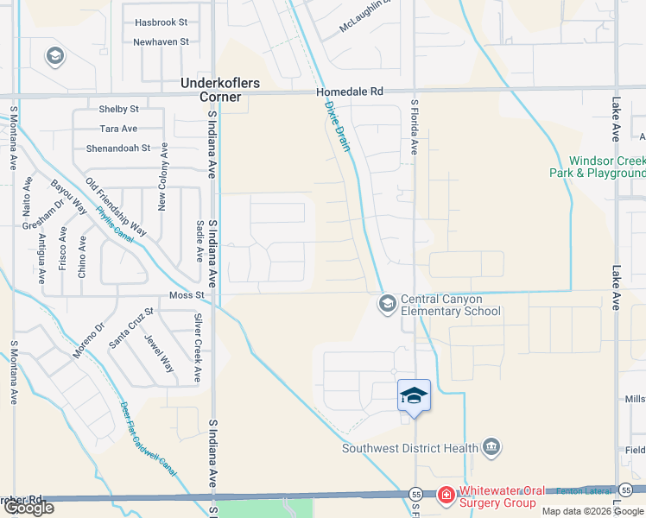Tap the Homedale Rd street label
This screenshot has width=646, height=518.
[x=349, y=91]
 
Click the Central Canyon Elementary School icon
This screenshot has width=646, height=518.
[x=387, y=303]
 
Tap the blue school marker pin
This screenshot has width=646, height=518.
[x=415, y=396]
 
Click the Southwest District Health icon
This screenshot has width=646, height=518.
[x=491, y=446]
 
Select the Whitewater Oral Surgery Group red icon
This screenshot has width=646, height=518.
[x=446, y=495]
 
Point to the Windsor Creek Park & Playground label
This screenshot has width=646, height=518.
[x=596, y=167]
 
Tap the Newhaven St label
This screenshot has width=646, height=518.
[x=161, y=41]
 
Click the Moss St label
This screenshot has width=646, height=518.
[x=186, y=295]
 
